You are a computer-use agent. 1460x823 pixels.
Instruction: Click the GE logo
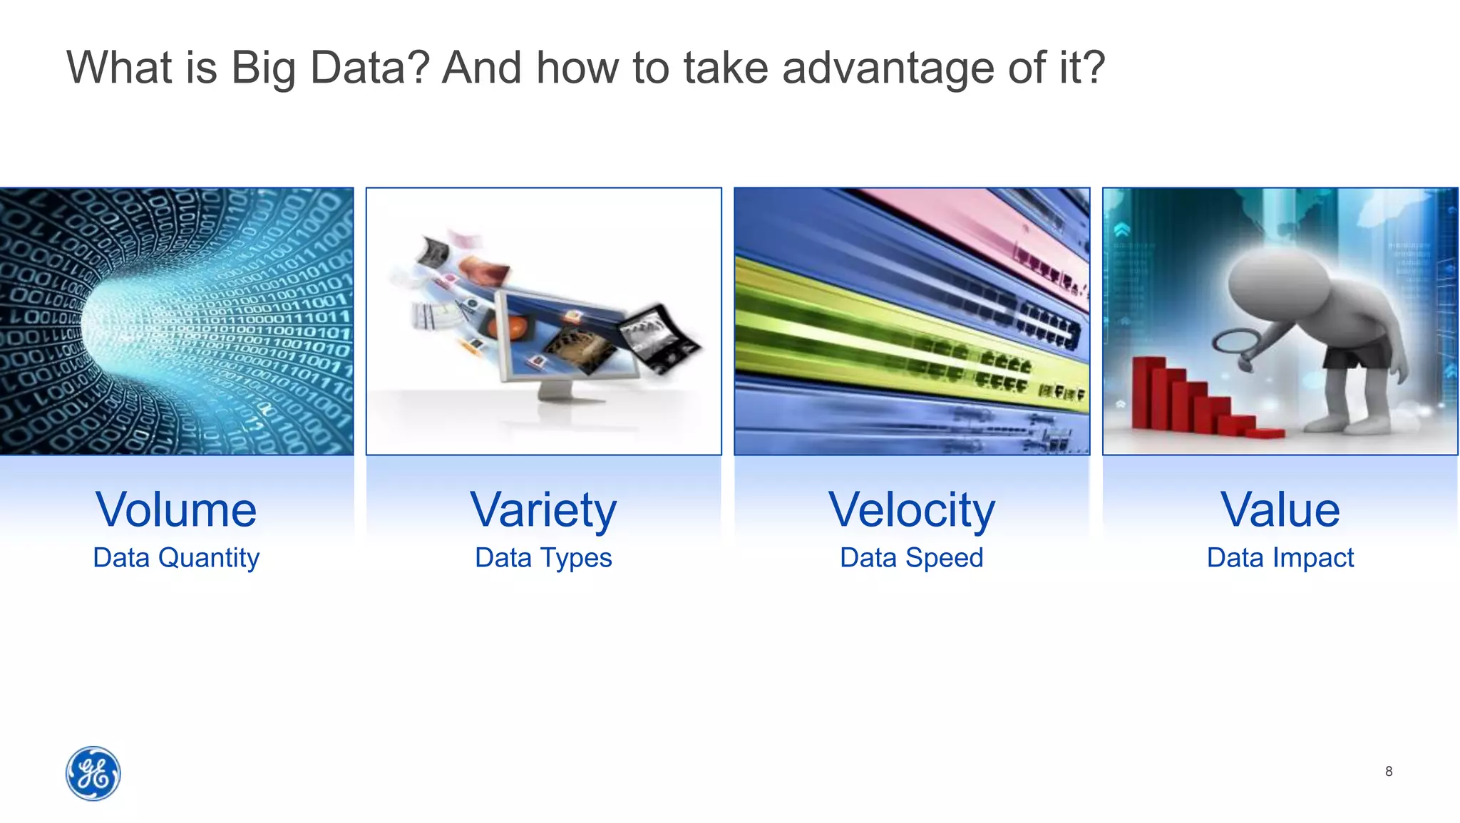click(93, 773)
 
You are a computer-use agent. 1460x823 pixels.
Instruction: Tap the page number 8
click(1388, 771)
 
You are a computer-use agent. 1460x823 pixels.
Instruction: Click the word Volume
click(176, 510)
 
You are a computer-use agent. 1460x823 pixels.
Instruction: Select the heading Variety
click(543, 510)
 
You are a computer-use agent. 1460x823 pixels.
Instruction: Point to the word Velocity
click(911, 510)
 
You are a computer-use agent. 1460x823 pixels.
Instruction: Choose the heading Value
click(1280, 510)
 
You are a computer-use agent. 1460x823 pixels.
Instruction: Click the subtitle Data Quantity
click(176, 557)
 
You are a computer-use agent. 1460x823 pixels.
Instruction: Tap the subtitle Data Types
click(543, 557)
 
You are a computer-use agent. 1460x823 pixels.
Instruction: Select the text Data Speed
click(911, 557)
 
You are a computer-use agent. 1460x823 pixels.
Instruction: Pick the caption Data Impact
click(1280, 557)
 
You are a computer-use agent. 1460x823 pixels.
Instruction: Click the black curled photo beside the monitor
click(659, 338)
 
